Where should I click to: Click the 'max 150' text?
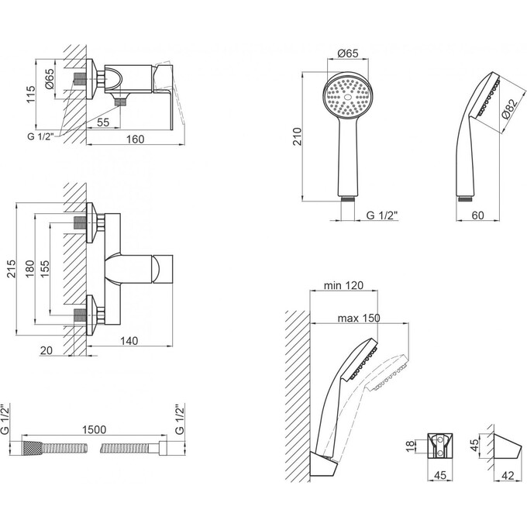tap(357, 319)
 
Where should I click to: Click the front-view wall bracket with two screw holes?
tap(440, 446)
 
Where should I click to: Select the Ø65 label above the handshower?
tap(348, 53)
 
